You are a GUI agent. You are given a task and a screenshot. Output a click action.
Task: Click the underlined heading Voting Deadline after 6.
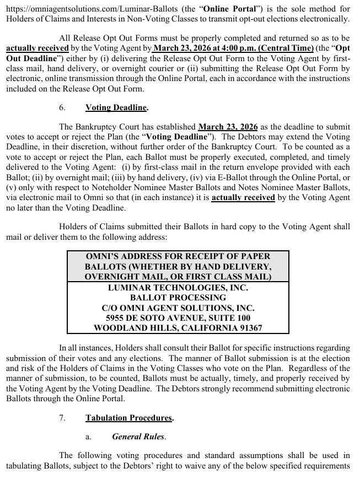coord(117,108)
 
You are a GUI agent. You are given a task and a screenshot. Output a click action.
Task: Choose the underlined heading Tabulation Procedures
coord(129,418)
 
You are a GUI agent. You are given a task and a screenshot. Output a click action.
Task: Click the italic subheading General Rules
coord(137,437)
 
